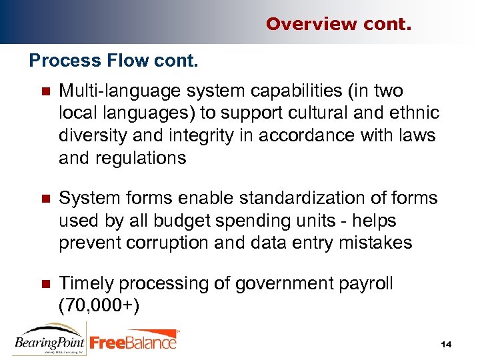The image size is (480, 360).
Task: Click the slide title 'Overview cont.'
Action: click(339, 24)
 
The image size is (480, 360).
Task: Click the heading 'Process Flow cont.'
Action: click(114, 61)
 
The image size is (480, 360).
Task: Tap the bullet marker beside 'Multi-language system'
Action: click(45, 91)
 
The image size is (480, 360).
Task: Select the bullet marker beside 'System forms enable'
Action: click(45, 199)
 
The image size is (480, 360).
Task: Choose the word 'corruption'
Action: click(181, 243)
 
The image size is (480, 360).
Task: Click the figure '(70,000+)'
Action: click(99, 307)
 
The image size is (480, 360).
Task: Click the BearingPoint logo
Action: click(49, 339)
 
